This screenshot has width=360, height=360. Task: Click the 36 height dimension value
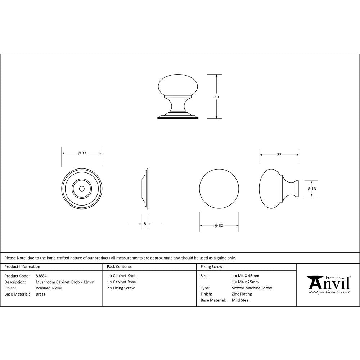216,96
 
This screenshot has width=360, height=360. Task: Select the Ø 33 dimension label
82,153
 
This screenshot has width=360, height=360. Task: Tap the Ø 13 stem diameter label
311,189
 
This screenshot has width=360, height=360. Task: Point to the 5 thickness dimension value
145,224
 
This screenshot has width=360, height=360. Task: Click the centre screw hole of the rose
82,188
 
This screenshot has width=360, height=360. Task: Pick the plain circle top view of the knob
219,188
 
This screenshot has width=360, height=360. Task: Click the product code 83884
41,276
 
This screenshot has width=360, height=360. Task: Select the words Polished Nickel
49,288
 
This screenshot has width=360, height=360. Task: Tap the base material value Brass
40,294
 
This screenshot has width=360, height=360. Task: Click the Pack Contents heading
119,267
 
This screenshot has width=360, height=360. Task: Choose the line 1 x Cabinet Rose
121,282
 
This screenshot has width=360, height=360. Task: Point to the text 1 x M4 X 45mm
246,276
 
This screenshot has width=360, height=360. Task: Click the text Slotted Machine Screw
252,288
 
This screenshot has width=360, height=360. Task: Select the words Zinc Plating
242,294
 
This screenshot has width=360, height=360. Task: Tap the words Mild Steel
240,300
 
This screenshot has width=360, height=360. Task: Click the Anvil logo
329,283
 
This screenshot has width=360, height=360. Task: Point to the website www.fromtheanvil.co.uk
329,292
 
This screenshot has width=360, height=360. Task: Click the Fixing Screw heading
211,267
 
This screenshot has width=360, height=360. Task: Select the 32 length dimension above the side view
279,154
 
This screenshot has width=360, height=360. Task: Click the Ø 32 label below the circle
219,226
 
